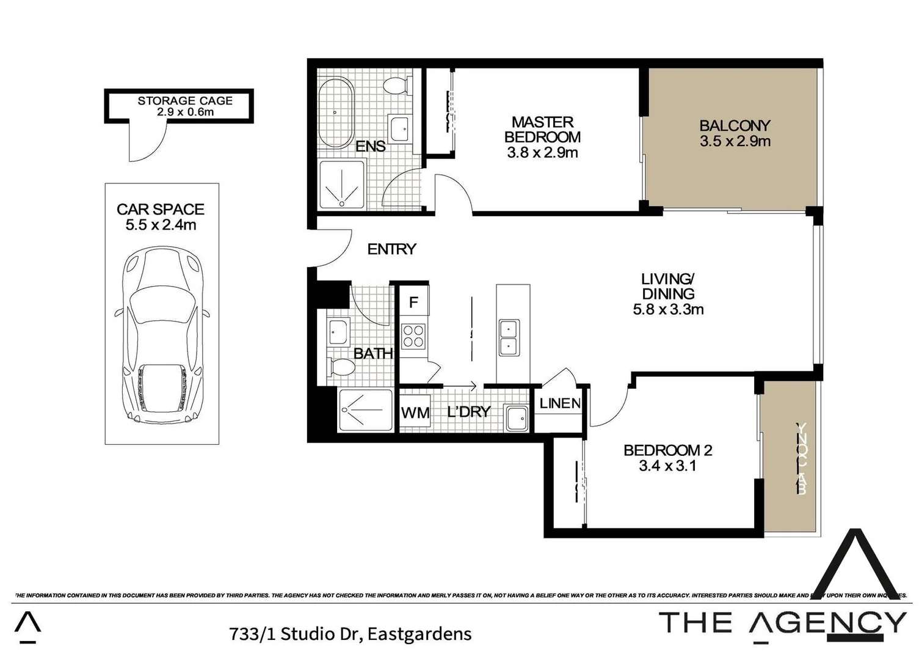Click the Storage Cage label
pos(184,101)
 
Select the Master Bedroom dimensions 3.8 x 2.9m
pos(542,153)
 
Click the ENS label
pos(370,147)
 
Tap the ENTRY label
pos(391,249)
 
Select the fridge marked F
pos(413,302)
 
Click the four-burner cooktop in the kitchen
pos(413,335)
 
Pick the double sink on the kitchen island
pos(509,337)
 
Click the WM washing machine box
pos(415,413)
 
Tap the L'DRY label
pos(468,412)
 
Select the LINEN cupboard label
pos(560,403)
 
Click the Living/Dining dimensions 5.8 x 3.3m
pos(668,310)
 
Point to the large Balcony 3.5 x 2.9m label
pos(735,133)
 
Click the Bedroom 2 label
pos(667,450)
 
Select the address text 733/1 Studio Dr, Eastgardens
pos(350,634)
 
